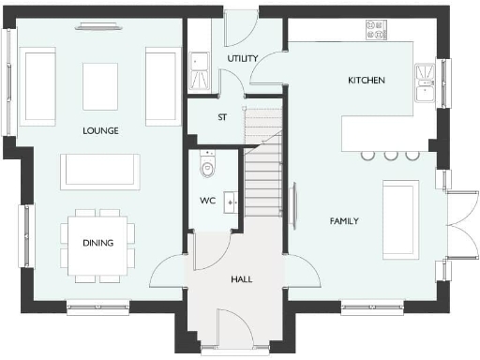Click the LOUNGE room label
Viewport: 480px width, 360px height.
point(99,131)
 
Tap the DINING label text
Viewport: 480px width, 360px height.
point(97,244)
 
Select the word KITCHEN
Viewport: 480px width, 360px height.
point(367,82)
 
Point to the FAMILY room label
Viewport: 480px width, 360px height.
point(344,221)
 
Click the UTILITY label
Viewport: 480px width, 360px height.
point(243,59)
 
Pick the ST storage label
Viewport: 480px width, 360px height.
point(223,118)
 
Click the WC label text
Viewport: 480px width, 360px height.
point(207,201)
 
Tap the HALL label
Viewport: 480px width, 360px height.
point(242,279)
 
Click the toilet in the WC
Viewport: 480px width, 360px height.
point(207,168)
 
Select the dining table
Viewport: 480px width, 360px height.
point(97,244)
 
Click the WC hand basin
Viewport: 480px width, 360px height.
point(229,202)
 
